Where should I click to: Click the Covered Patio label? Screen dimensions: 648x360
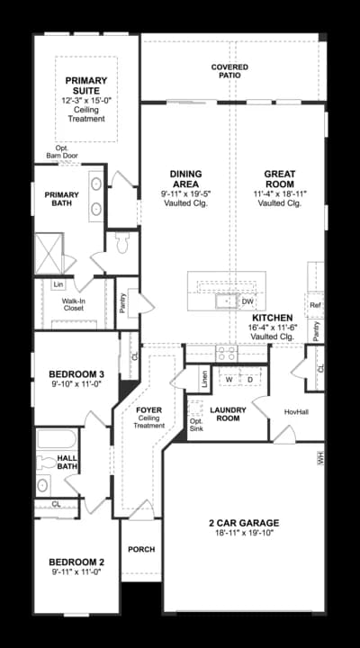tap(229, 71)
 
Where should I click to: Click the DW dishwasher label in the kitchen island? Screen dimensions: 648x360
tap(247, 301)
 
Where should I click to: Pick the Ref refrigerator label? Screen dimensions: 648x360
tap(315, 305)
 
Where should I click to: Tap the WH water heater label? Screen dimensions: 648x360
tap(319, 458)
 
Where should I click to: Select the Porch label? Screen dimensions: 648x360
tap(141, 549)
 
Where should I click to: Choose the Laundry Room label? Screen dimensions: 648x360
tap(229, 414)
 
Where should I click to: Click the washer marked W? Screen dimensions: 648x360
tap(229, 380)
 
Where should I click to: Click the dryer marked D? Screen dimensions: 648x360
tap(250, 380)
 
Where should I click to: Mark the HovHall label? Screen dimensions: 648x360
tap(296, 411)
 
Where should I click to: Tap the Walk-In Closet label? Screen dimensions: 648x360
tap(73, 304)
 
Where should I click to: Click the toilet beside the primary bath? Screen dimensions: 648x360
tap(123, 241)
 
